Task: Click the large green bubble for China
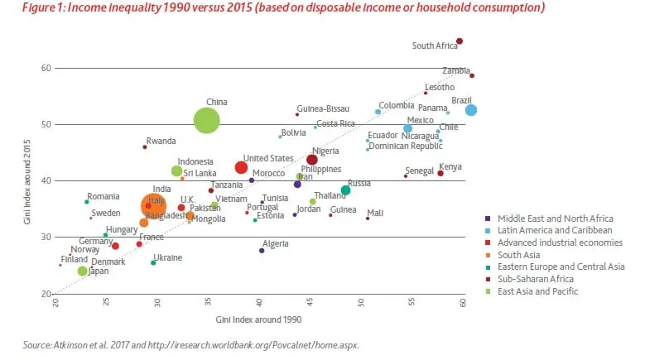click(x=206, y=121)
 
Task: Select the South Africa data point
click(x=460, y=41)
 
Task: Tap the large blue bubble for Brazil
click(x=470, y=110)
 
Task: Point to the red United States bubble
click(x=241, y=168)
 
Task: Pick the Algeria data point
click(x=262, y=251)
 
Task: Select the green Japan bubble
click(x=82, y=271)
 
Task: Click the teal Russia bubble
click(x=345, y=190)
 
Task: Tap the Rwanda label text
click(x=161, y=141)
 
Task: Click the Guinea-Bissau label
click(x=323, y=108)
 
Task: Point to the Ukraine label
click(x=168, y=257)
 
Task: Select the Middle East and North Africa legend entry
click(x=551, y=218)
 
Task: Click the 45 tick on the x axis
click(x=311, y=301)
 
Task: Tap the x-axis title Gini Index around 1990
click(x=259, y=319)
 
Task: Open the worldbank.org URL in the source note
click(x=263, y=344)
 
